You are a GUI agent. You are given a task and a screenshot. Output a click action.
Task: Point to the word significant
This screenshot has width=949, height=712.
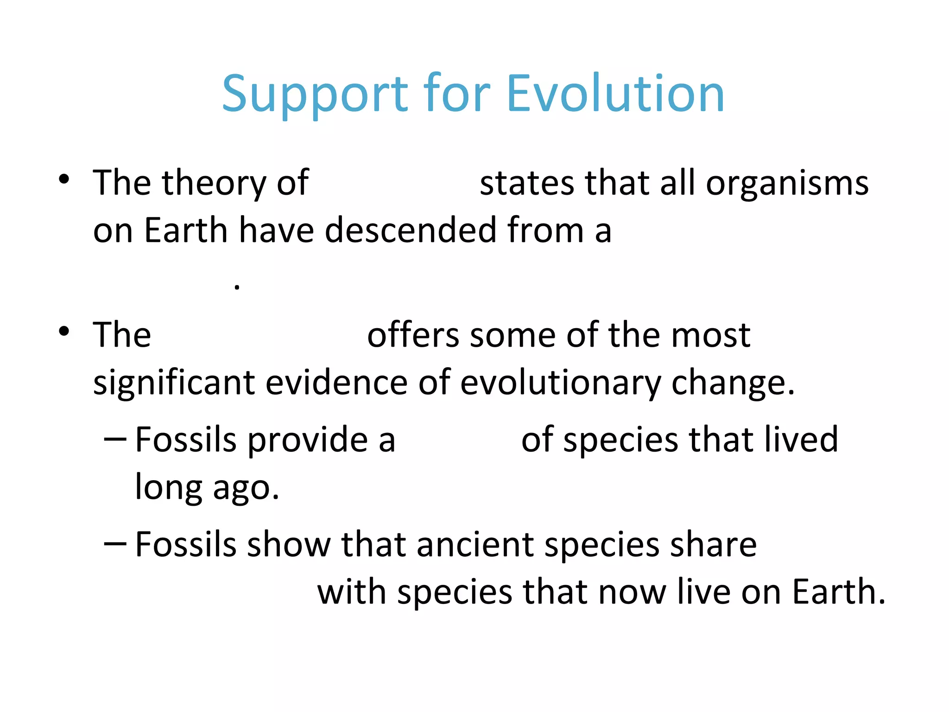coord(174,383)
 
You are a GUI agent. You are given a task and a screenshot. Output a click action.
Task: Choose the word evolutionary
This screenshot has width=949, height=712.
coord(560,383)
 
